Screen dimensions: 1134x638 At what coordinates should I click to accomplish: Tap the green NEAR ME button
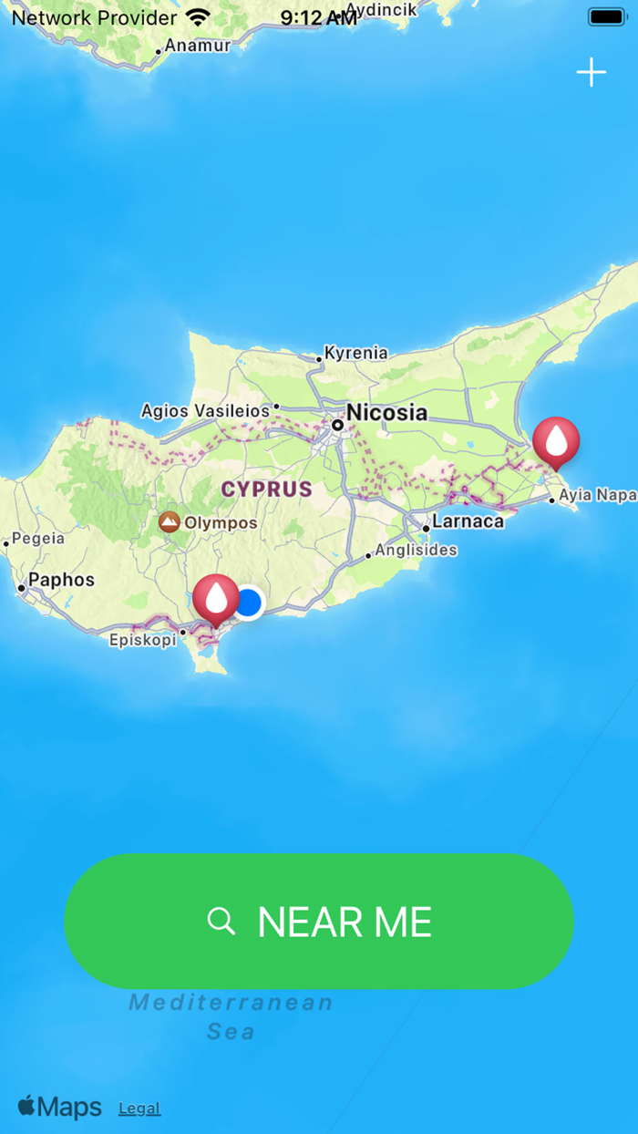click(319, 922)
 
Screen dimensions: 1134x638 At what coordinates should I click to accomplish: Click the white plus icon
click(592, 72)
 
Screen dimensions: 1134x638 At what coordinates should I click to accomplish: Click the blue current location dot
click(248, 603)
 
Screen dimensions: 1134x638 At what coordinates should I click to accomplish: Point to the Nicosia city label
click(386, 413)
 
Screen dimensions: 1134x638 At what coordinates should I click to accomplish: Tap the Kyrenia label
click(355, 353)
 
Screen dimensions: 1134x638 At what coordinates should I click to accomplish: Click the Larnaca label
click(468, 521)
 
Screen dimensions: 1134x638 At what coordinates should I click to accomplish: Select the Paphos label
click(61, 580)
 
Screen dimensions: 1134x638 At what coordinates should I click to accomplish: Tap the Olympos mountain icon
click(169, 522)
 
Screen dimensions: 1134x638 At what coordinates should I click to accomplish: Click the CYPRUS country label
click(267, 489)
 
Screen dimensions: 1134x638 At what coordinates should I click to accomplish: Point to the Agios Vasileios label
click(205, 411)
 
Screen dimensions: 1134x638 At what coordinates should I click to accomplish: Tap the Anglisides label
click(416, 551)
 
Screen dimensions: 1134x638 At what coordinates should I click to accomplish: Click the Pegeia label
click(37, 539)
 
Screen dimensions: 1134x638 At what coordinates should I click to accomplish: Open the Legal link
click(139, 1108)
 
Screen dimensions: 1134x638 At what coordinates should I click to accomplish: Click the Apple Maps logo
click(60, 1107)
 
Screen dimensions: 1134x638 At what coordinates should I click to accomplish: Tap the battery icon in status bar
click(607, 16)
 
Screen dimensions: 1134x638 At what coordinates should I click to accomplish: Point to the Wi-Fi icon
click(197, 17)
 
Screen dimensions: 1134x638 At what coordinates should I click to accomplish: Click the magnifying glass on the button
click(221, 922)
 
